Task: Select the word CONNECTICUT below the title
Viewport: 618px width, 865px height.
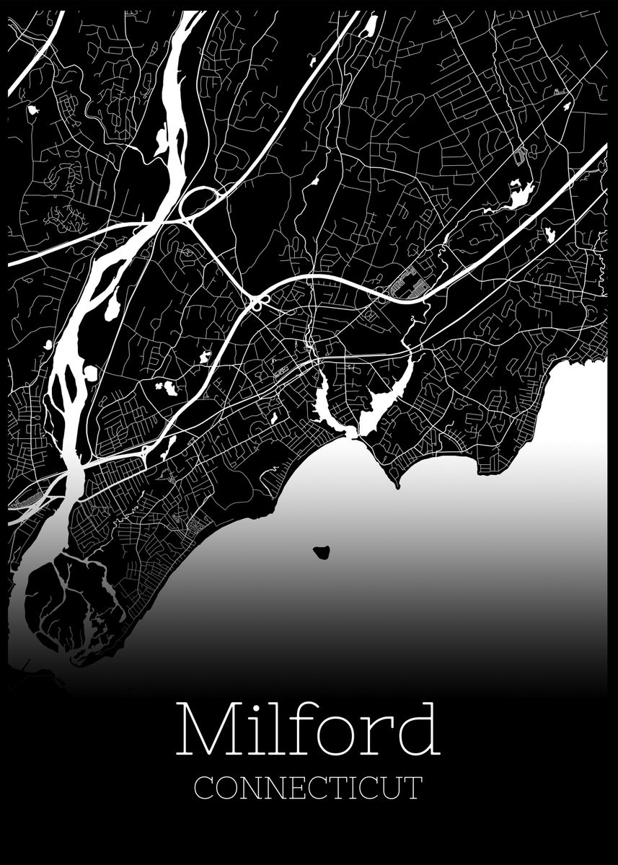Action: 308,787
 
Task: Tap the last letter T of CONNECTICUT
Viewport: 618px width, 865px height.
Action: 414,787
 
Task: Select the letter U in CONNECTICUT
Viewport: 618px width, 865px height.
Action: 394,787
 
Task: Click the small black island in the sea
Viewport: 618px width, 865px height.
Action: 321,553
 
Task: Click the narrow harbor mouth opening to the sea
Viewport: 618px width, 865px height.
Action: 351,433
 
